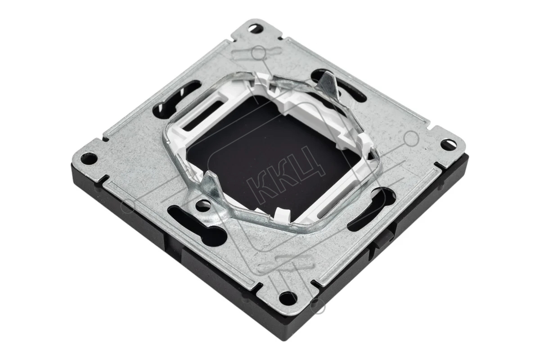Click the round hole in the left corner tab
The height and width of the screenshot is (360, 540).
[x=89, y=158]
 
